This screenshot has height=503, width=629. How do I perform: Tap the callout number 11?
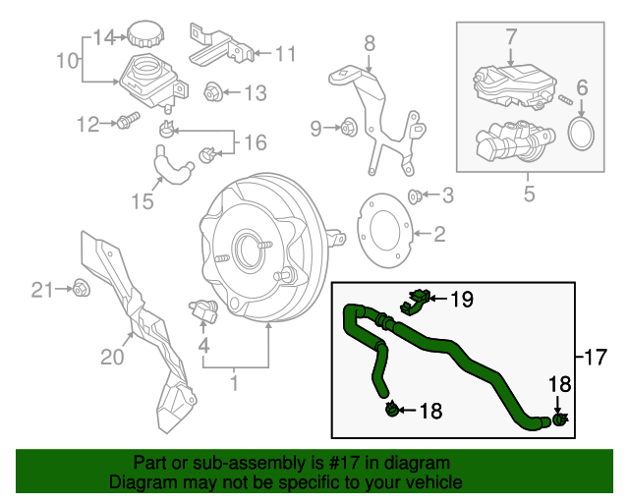pyautogui.click(x=284, y=53)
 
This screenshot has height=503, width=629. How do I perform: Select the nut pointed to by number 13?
pyautogui.click(x=211, y=93)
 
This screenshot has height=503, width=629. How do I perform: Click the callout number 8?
pyautogui.click(x=370, y=42)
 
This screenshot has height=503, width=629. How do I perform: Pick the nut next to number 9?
pyautogui.click(x=346, y=127)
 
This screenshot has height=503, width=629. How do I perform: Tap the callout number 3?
pyautogui.click(x=447, y=196)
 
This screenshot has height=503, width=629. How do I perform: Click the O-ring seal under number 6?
pyautogui.click(x=583, y=134)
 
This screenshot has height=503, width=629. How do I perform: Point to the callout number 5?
pyautogui.click(x=529, y=194)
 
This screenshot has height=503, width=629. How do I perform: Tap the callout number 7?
pyautogui.click(x=511, y=37)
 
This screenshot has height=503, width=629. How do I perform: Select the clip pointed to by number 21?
pyautogui.click(x=82, y=289)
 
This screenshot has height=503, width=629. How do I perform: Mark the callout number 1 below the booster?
pyautogui.click(x=234, y=381)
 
